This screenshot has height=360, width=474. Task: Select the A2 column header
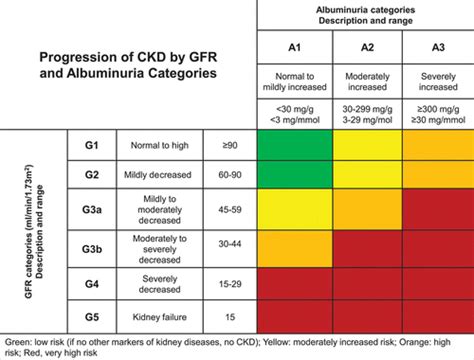(365, 47)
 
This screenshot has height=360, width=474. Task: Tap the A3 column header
(437, 47)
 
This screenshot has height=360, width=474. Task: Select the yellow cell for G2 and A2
(365, 176)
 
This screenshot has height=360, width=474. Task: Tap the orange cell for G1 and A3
(437, 145)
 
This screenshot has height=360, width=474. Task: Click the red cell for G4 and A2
(365, 283)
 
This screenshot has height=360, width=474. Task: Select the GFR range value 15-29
(229, 283)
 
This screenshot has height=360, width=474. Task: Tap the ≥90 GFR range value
(229, 145)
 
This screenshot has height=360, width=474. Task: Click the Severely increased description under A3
(437, 81)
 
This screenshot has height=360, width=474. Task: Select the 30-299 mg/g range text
(365, 109)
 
